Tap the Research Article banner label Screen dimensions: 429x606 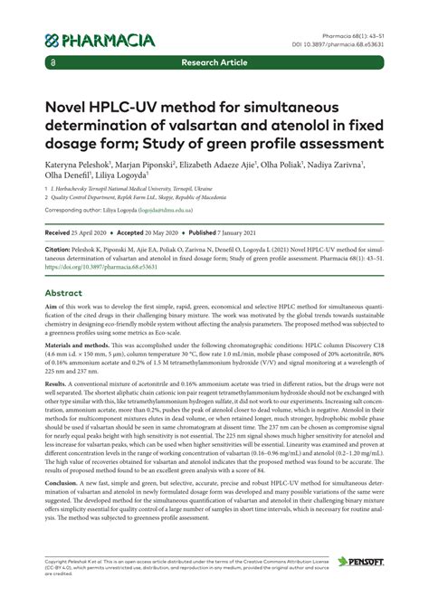click(214, 63)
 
